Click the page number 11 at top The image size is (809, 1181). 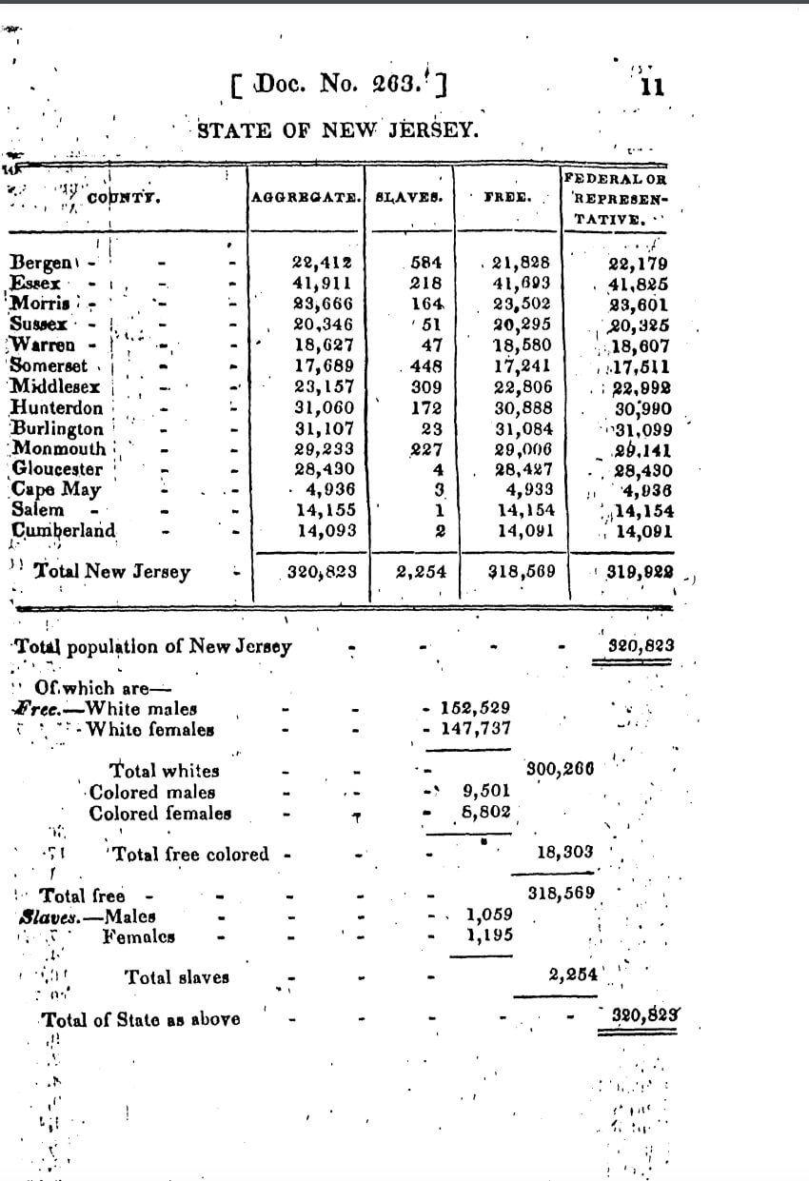pyautogui.click(x=652, y=88)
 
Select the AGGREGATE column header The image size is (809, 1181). pyautogui.click(x=305, y=198)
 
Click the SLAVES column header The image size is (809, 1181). pyautogui.click(x=409, y=198)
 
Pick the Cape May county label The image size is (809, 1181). pyautogui.click(x=56, y=489)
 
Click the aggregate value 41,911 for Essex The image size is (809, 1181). pyautogui.click(x=324, y=283)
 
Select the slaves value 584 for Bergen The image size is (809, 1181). pyautogui.click(x=425, y=263)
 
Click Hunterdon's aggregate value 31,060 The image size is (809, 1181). pyautogui.click(x=324, y=406)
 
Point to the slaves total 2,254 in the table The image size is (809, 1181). pyautogui.click(x=416, y=573)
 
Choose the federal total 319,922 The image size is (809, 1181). pyautogui.click(x=641, y=573)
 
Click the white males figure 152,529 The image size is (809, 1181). pyautogui.click(x=475, y=708)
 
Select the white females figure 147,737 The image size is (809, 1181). pyautogui.click(x=475, y=729)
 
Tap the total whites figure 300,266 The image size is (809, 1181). pyautogui.click(x=560, y=770)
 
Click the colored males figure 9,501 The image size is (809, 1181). pyautogui.click(x=486, y=790)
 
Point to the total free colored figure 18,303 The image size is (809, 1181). pyautogui.click(x=564, y=853)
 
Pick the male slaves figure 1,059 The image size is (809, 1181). pyautogui.click(x=489, y=915)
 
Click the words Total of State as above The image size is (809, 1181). pyautogui.click(x=141, y=1019)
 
